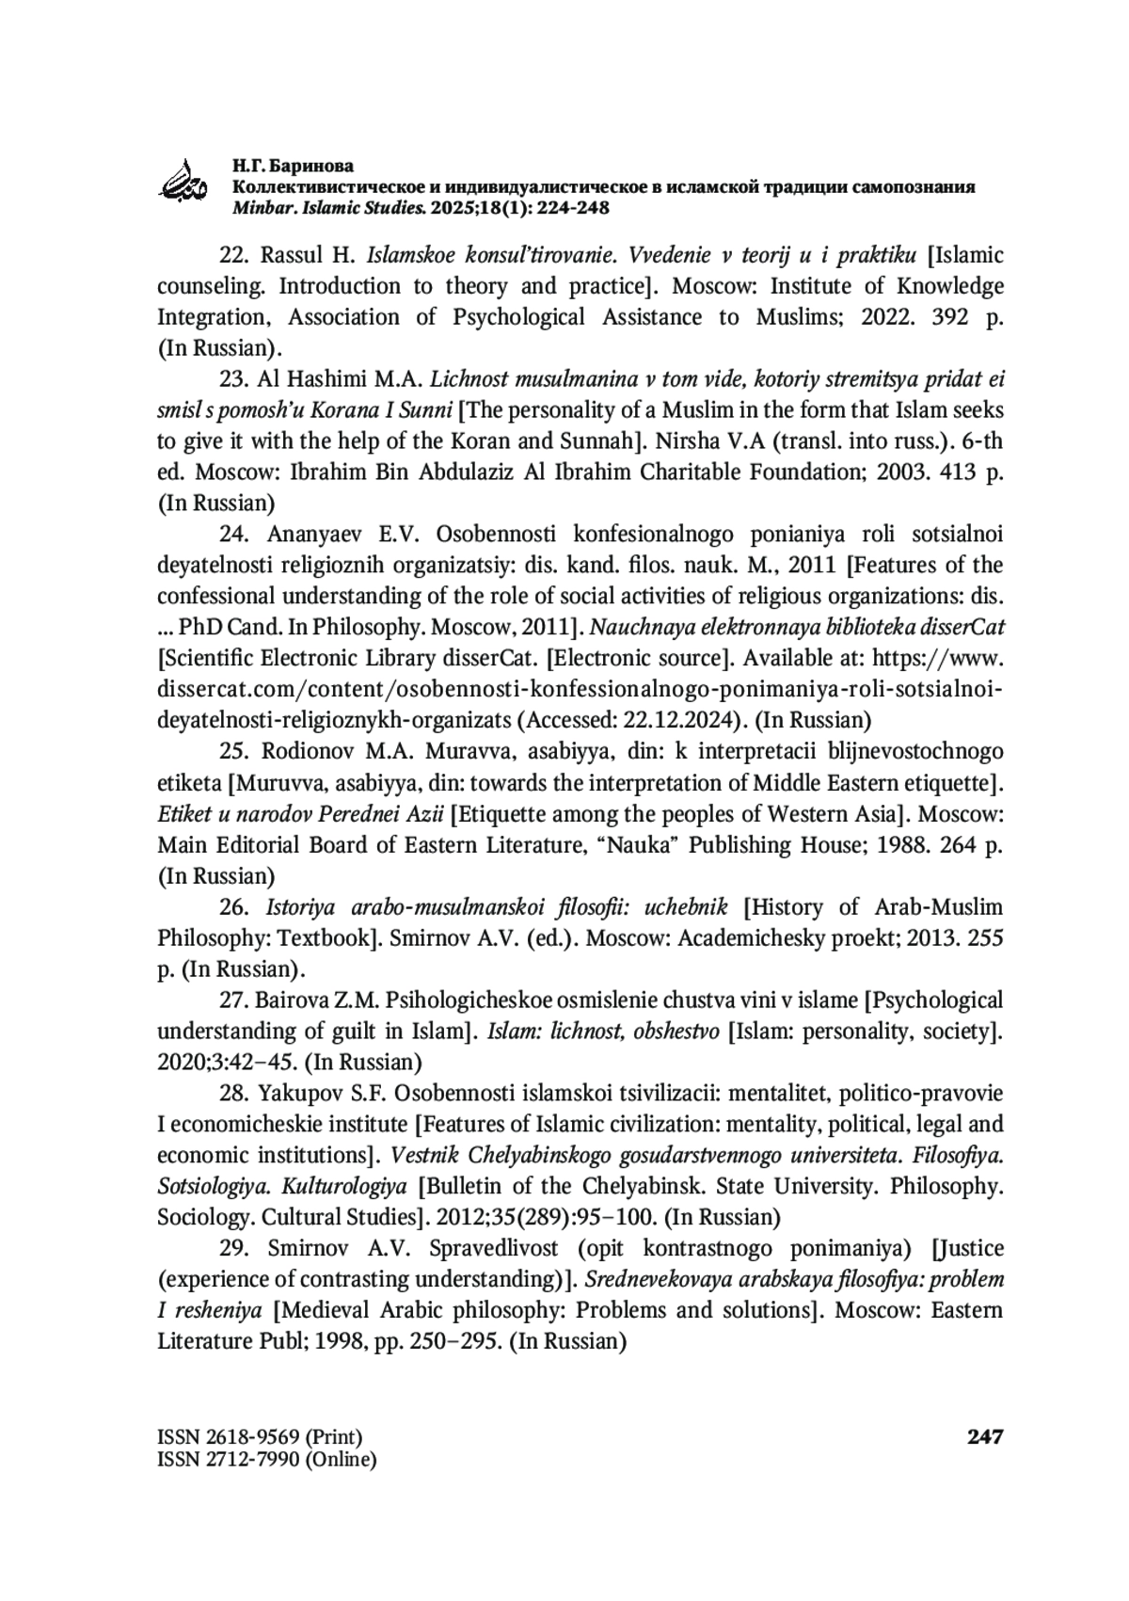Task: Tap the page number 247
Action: click(x=985, y=1437)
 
